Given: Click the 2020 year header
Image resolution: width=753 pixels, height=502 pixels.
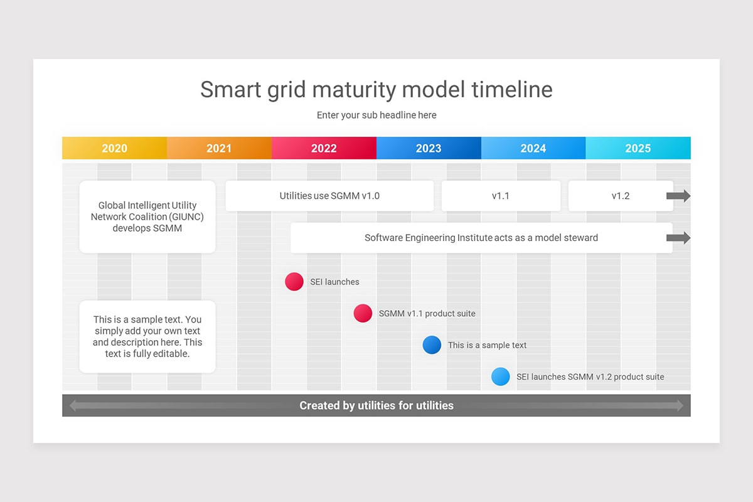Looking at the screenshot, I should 114,148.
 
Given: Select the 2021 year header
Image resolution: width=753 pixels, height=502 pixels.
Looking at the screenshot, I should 219,148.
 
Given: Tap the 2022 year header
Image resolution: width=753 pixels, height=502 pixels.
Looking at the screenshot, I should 324,148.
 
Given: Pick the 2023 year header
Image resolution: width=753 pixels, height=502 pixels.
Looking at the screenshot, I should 429,148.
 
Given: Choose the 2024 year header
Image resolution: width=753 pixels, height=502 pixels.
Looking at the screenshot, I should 533,148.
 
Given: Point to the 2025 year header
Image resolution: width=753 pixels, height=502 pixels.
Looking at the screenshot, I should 638,148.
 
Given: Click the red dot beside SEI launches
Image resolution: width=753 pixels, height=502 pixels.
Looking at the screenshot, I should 294,282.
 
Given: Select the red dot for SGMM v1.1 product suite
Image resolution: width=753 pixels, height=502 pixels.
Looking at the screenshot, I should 363,313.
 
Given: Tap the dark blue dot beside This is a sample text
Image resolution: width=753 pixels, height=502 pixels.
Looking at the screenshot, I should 432,344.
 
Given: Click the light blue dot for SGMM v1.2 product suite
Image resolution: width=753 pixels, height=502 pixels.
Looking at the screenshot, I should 500,376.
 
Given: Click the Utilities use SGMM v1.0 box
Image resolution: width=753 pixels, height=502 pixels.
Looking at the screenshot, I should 329,196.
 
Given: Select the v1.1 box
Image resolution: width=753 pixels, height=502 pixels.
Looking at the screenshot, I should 501,196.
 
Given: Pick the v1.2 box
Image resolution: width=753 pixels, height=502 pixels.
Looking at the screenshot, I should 620,196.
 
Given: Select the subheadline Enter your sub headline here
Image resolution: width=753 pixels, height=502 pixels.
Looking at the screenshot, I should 376,115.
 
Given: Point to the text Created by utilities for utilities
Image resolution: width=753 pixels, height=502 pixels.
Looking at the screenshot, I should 376,405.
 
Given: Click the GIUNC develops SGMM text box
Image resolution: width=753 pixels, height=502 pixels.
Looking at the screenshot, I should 147,216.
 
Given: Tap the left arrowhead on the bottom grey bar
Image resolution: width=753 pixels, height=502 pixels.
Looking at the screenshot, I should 73,405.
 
